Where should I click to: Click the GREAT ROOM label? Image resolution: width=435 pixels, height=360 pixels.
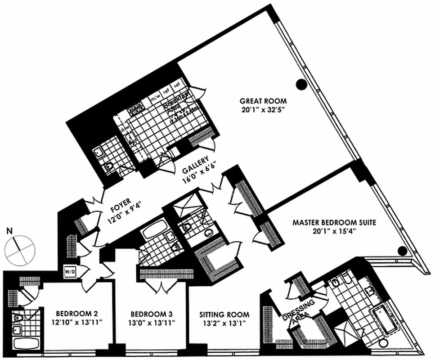263,101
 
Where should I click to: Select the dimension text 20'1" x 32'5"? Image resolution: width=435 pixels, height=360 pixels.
263,109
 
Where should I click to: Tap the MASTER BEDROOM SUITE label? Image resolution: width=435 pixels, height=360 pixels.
334,222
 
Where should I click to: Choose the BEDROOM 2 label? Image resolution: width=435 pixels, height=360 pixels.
77,314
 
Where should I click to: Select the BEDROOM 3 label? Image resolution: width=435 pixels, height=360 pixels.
151,314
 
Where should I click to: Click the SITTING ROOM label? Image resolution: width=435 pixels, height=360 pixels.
224,315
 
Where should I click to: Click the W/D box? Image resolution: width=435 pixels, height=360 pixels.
70,271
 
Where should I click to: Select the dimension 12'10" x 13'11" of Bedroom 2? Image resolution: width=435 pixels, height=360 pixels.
77,322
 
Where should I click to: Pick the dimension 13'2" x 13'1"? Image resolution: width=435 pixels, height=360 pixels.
224,323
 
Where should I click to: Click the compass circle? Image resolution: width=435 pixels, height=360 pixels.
21,249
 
